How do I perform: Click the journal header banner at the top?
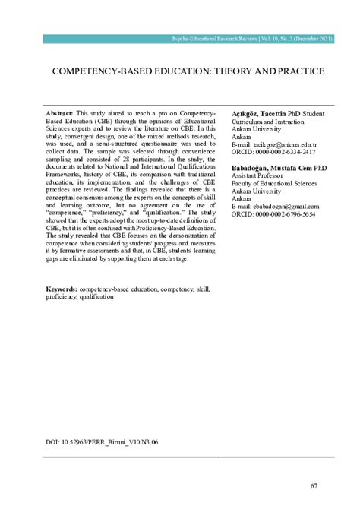[x=257, y=37]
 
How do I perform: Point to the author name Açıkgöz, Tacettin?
[x=258, y=112]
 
